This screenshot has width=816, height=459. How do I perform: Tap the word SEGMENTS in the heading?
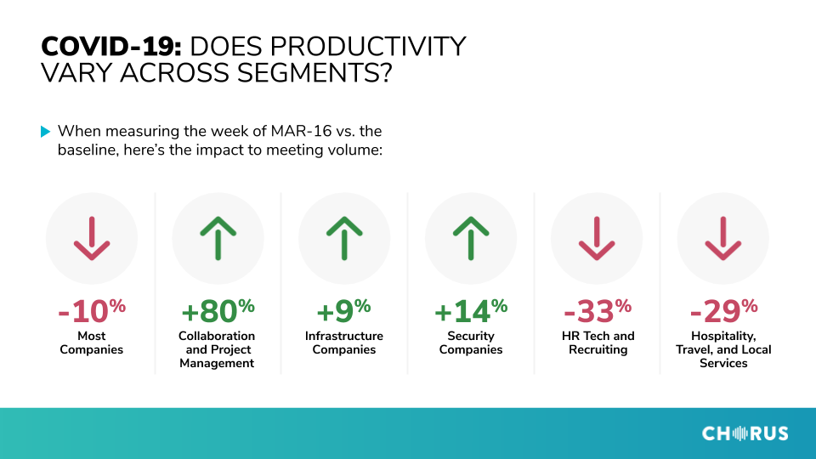point(314,72)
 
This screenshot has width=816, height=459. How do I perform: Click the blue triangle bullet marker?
point(45,132)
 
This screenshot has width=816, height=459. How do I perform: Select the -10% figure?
point(92,311)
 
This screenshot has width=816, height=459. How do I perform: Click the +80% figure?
point(218,311)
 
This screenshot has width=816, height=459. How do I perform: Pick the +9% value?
point(343,311)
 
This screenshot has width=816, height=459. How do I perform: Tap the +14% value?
point(470,311)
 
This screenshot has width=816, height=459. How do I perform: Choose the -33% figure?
point(598,311)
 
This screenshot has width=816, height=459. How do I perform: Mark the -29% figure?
point(723,311)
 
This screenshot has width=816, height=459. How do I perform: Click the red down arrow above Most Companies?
point(92,238)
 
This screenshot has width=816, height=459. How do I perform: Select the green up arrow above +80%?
point(218,238)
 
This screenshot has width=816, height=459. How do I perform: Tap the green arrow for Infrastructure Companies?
point(344,238)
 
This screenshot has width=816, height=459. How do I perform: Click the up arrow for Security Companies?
point(470,238)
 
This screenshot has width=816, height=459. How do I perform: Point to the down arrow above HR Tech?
point(597,238)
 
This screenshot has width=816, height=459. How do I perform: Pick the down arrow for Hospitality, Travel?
point(722,238)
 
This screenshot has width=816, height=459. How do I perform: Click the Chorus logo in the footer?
point(745,433)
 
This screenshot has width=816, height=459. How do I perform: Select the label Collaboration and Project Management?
point(217,349)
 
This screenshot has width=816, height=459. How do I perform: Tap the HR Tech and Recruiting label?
point(598,343)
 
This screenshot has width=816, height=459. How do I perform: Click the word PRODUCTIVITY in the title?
point(368,46)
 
